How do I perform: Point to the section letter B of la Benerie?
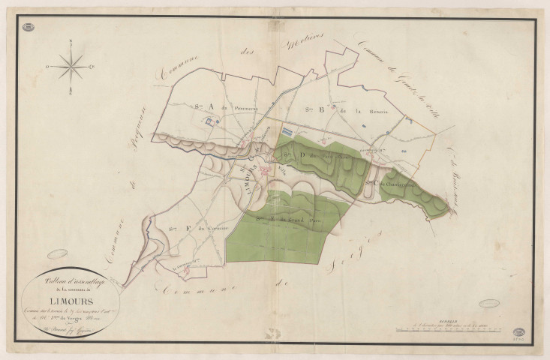coord(321,109)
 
